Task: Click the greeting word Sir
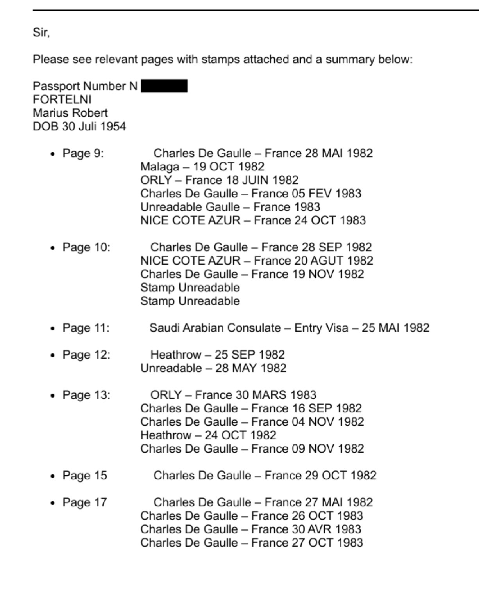pyautogui.click(x=41, y=32)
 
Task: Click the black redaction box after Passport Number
pyautogui.click(x=164, y=86)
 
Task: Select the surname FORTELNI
pyautogui.click(x=62, y=99)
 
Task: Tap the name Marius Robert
pyautogui.click(x=70, y=113)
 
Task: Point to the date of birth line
pyautogui.click(x=79, y=126)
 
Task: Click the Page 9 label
pyautogui.click(x=83, y=153)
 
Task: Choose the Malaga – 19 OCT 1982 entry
pyautogui.click(x=202, y=167)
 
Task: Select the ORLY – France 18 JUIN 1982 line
pyautogui.click(x=219, y=180)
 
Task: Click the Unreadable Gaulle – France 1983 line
pyautogui.click(x=230, y=207)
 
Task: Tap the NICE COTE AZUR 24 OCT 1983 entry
pyautogui.click(x=253, y=220)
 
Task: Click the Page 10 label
pyautogui.click(x=86, y=247)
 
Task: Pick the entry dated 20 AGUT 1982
pyautogui.click(x=257, y=261)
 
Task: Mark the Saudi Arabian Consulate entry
pyautogui.click(x=289, y=328)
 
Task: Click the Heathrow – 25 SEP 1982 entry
pyautogui.click(x=218, y=355)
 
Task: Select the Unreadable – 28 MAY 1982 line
pyautogui.click(x=213, y=368)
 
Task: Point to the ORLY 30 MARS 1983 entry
pyautogui.click(x=233, y=395)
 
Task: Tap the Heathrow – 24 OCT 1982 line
pyautogui.click(x=208, y=435)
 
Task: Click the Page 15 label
pyautogui.click(x=85, y=476)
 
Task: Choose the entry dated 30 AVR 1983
pyautogui.click(x=250, y=529)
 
